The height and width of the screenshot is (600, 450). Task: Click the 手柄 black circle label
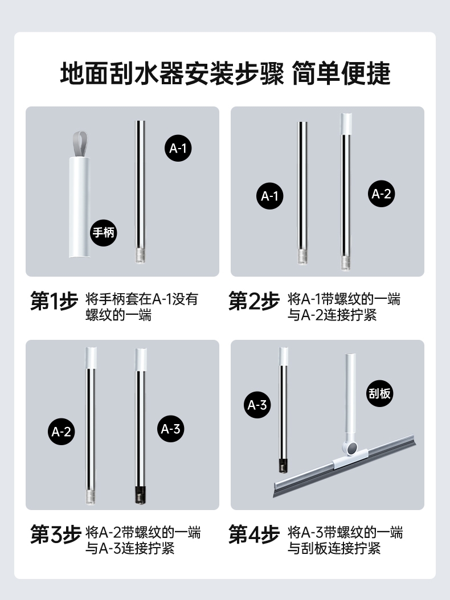pyautogui.click(x=104, y=233)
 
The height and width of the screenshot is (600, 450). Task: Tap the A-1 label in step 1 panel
pyautogui.click(x=178, y=148)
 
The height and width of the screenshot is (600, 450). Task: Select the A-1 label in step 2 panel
pyautogui.click(x=269, y=196)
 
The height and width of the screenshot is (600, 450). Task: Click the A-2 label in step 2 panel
pyautogui.click(x=381, y=194)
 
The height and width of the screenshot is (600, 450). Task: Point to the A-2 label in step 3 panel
pyautogui.click(x=62, y=431)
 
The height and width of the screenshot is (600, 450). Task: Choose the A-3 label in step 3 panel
pyautogui.click(x=170, y=429)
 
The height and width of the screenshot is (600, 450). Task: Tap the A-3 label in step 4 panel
pyautogui.click(x=257, y=405)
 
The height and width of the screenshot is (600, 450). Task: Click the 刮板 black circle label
pyautogui.click(x=379, y=393)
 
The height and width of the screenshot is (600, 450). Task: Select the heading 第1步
pyautogui.click(x=54, y=301)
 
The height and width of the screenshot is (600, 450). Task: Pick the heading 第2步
pyautogui.click(x=254, y=301)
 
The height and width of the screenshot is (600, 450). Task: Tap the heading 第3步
pyautogui.click(x=55, y=534)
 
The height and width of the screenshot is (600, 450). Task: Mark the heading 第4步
pyautogui.click(x=254, y=534)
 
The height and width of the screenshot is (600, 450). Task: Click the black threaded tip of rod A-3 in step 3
pyautogui.click(x=141, y=495)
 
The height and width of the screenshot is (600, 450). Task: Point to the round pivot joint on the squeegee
pyautogui.click(x=350, y=448)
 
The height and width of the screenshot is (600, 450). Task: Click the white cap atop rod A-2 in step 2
pyautogui.click(x=346, y=124)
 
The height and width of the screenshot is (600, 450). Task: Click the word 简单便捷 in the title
pyautogui.click(x=341, y=73)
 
